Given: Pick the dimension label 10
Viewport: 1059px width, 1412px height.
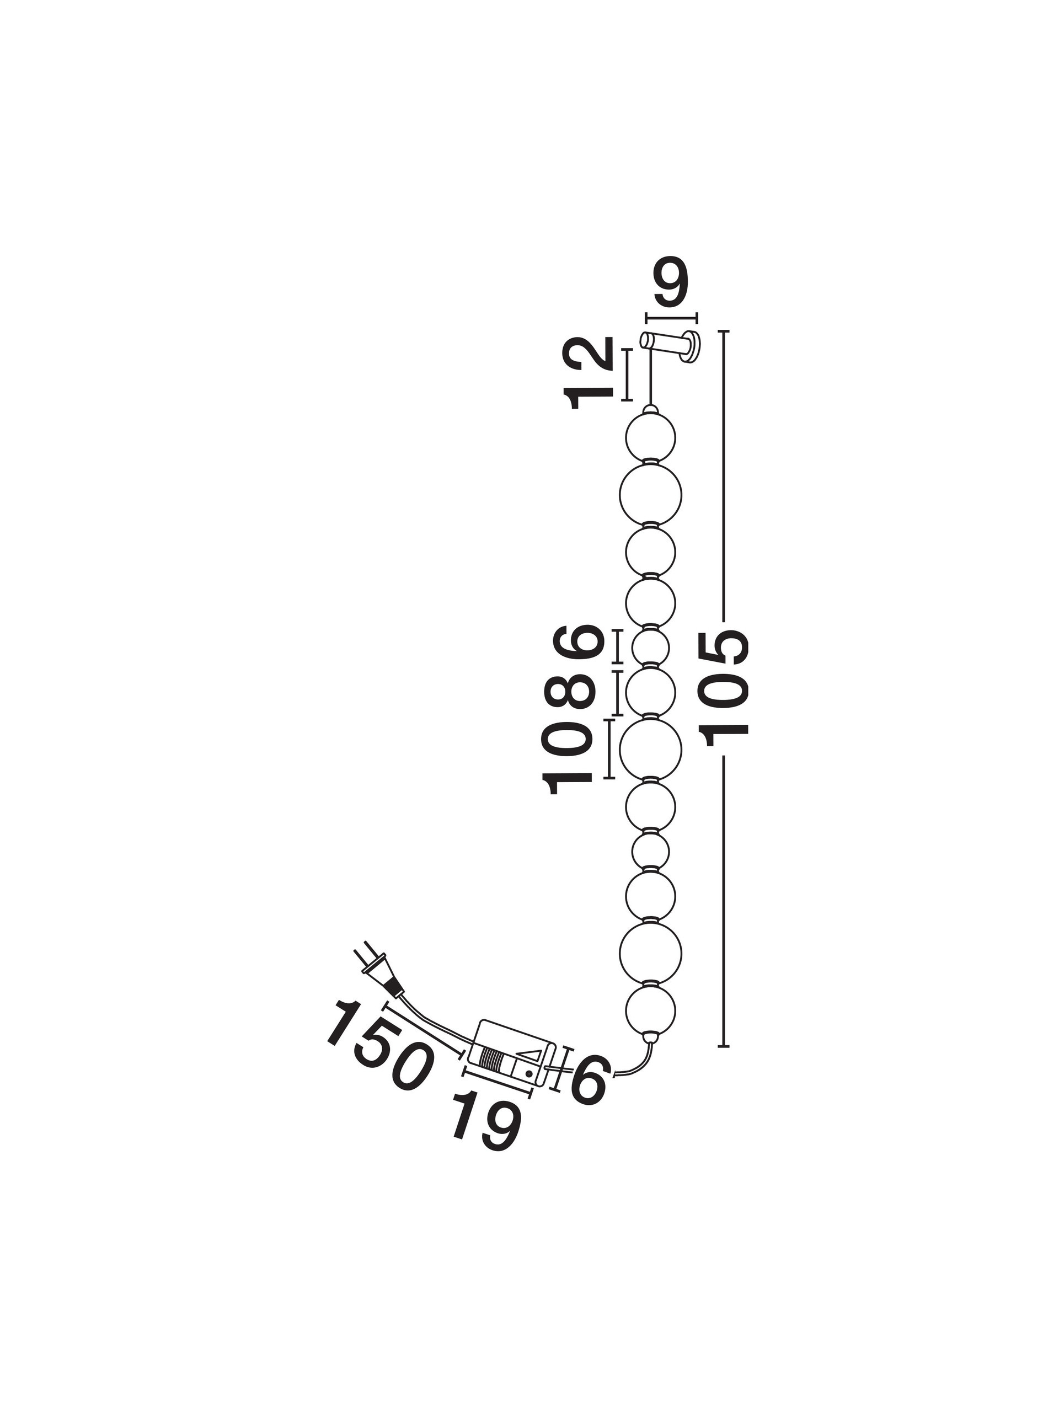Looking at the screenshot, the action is [x=567, y=758].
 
